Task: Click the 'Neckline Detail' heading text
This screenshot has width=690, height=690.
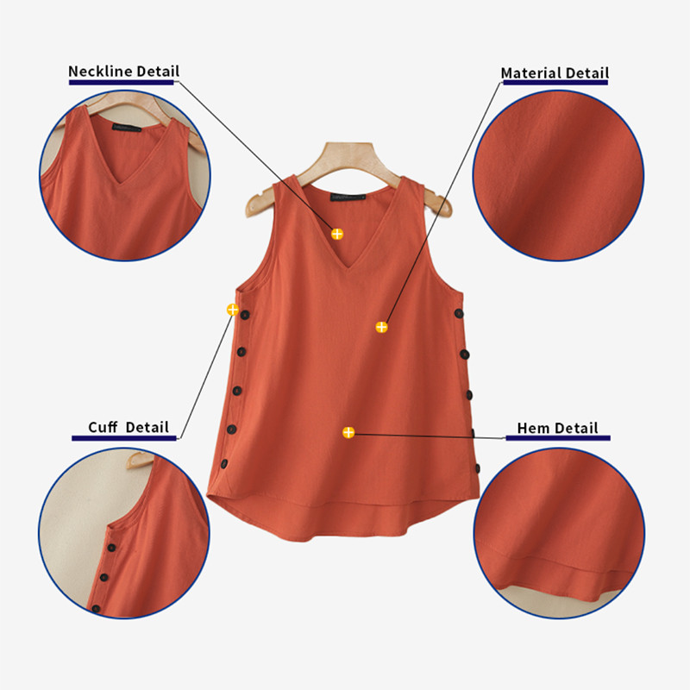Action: tap(123, 72)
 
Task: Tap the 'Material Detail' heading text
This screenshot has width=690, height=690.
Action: tap(555, 73)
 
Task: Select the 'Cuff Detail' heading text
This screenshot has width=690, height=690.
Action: tap(129, 427)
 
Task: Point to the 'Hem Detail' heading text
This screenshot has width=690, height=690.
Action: tap(557, 428)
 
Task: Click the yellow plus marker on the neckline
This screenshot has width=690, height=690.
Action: tap(337, 234)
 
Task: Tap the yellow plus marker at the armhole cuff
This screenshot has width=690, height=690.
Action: tap(233, 310)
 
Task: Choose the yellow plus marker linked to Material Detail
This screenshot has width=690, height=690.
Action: tap(381, 327)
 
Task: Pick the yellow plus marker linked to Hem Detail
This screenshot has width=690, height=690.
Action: tap(348, 432)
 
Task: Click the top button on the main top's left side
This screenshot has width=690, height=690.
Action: tap(245, 315)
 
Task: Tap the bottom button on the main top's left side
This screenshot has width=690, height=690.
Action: tap(224, 464)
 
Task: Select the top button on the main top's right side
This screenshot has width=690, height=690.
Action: tap(459, 313)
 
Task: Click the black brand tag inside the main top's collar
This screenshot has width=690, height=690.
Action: tap(348, 198)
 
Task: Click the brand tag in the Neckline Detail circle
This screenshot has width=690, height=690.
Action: tap(127, 128)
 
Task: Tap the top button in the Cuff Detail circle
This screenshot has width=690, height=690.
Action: tap(112, 548)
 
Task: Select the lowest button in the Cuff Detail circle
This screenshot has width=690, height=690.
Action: tap(96, 609)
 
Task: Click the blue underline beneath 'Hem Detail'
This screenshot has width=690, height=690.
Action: tap(558, 438)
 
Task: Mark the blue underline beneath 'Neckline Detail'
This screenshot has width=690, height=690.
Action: tap(122, 82)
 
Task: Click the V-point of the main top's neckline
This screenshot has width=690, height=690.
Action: tap(348, 268)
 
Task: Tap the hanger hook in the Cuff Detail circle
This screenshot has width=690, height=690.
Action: tap(140, 460)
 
